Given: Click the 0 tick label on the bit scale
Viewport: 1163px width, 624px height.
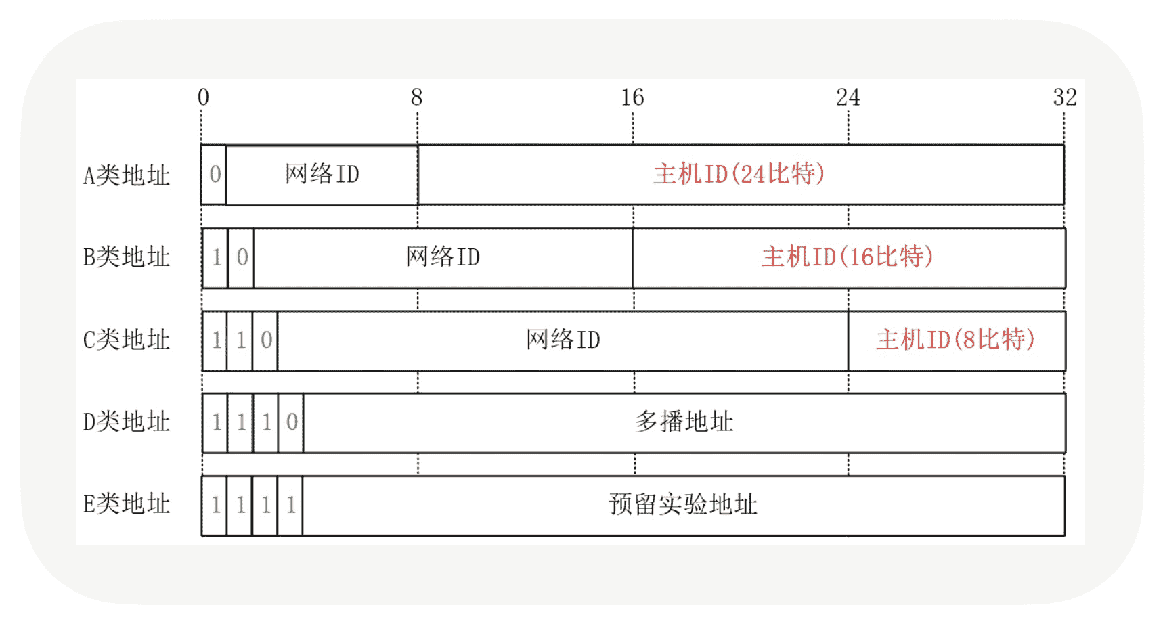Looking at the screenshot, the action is pyautogui.click(x=203, y=97).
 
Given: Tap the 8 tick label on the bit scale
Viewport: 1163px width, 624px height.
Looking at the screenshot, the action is pyautogui.click(x=416, y=97).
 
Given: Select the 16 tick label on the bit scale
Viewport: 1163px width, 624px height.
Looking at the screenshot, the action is pyautogui.click(x=632, y=97).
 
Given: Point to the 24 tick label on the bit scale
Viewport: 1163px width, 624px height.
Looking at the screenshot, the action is pyautogui.click(x=848, y=97).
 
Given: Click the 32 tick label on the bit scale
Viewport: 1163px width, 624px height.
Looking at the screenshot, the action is pyautogui.click(x=1064, y=97).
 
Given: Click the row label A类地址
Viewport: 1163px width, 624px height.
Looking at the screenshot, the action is pyautogui.click(x=127, y=176).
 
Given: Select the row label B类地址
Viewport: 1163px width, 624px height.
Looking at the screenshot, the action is pyautogui.click(x=127, y=257).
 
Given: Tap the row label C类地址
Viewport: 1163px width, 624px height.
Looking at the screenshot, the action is pyautogui.click(x=127, y=340).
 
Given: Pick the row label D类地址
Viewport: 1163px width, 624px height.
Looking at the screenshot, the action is pyautogui.click(x=127, y=422).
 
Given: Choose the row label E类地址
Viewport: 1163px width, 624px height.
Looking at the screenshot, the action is pyautogui.click(x=127, y=504).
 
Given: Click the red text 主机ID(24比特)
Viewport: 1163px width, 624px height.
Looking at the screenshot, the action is pyautogui.click(x=739, y=175).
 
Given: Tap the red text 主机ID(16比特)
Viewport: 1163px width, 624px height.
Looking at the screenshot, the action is pyautogui.click(x=848, y=257).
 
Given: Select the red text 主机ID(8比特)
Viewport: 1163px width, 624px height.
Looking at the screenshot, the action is pyautogui.click(x=955, y=340).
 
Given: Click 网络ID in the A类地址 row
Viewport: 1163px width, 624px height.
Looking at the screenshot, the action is pyautogui.click(x=322, y=175).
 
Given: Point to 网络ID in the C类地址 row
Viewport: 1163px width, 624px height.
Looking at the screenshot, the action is pyautogui.click(x=563, y=340).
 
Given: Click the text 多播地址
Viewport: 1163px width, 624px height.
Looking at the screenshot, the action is pyautogui.click(x=684, y=422).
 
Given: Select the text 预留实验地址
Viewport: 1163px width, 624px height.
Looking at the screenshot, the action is pyautogui.click(x=683, y=504).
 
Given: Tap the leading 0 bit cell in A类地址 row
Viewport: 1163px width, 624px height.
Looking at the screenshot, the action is pyautogui.click(x=215, y=175).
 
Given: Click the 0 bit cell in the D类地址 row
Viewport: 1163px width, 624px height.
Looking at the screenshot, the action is pyautogui.click(x=291, y=422).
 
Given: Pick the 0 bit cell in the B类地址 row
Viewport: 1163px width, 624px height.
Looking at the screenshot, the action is pyautogui.click(x=242, y=257).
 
